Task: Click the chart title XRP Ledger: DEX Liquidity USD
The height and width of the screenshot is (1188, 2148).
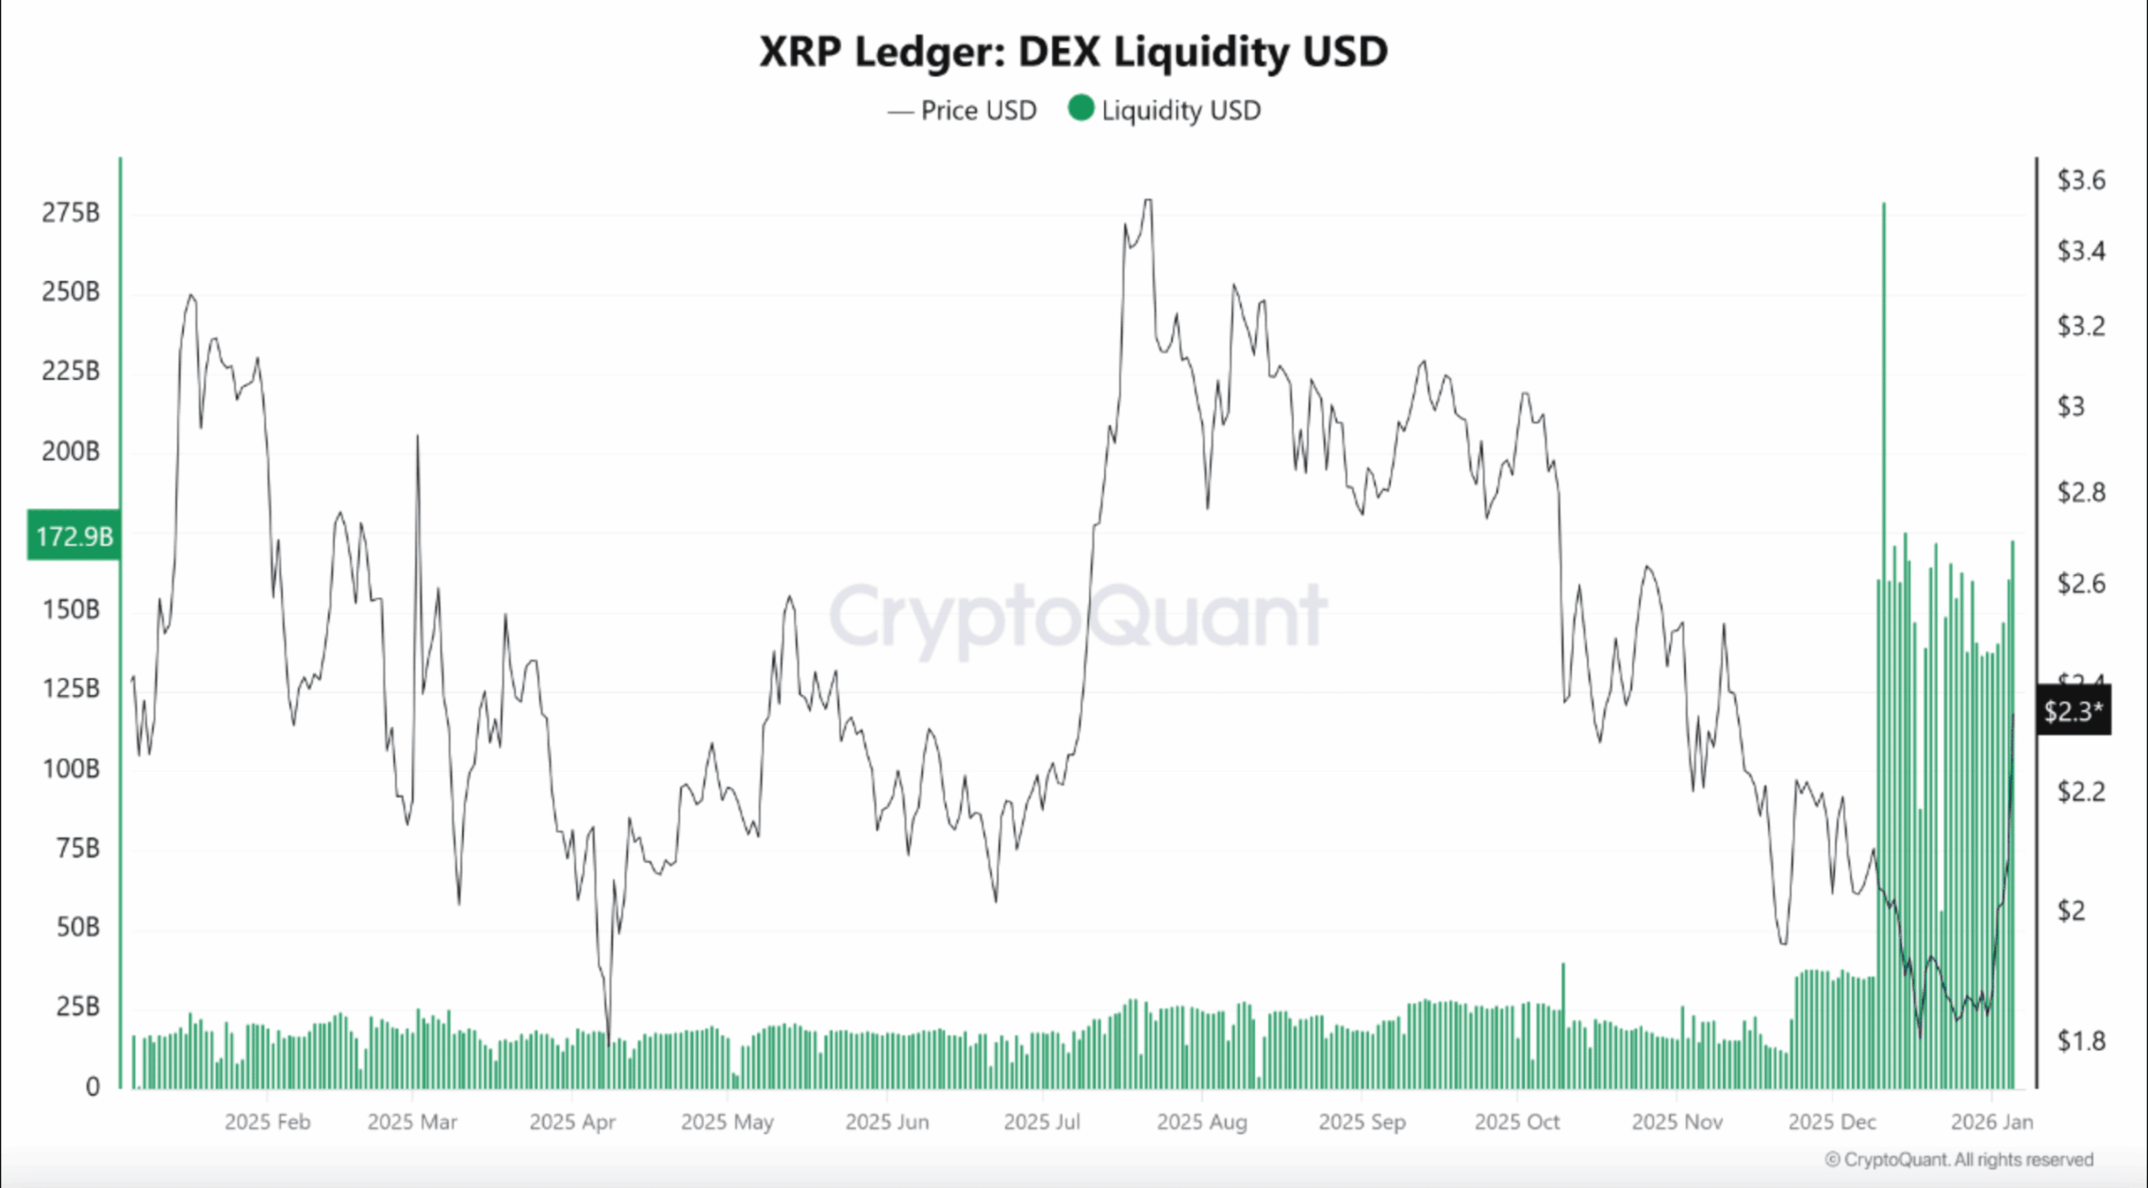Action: coord(1073,51)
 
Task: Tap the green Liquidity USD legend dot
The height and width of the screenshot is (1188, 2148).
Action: coord(1081,108)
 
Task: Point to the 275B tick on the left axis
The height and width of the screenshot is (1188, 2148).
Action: coord(71,212)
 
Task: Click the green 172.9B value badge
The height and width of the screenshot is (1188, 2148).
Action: coord(74,536)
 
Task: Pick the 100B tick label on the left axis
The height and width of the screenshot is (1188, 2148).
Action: coord(71,768)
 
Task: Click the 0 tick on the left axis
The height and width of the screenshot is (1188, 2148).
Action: coord(92,1086)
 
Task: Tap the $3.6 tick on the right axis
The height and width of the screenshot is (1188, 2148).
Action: coord(2080,179)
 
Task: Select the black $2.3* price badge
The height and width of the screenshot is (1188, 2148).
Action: coord(2073,710)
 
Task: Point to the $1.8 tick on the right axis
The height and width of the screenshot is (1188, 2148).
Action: coord(2080,1040)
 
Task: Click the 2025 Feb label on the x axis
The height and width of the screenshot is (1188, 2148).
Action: coord(267,1122)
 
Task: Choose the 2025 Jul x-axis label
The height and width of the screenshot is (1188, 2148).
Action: coord(1041,1122)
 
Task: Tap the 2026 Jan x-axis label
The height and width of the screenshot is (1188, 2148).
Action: coord(1991,1122)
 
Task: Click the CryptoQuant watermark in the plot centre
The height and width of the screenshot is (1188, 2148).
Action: coord(1077,616)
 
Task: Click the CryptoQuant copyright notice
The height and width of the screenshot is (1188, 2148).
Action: coord(1958,1159)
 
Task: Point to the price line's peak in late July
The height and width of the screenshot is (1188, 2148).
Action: coord(1147,201)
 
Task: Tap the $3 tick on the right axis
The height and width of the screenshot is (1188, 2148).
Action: coord(2071,406)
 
